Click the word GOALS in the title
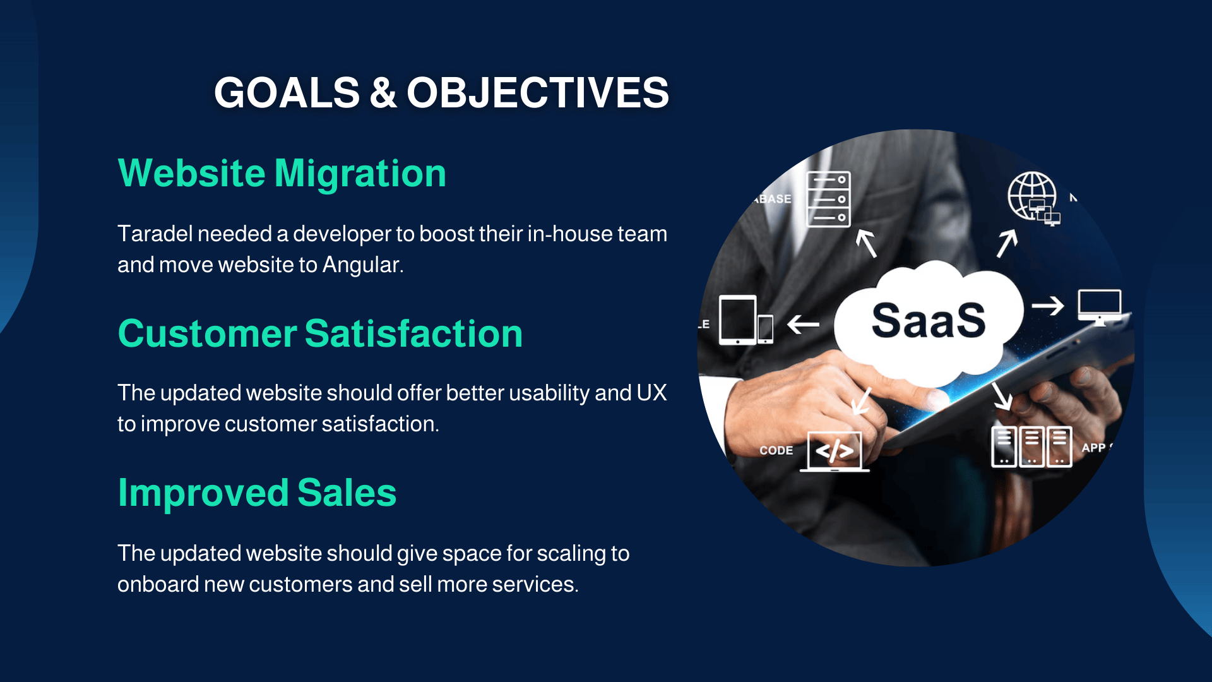point(287,93)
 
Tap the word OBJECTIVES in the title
point(538,93)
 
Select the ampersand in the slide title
point(383,93)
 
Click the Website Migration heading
point(282,173)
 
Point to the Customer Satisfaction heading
point(320,333)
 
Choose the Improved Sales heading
point(257,493)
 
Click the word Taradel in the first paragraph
point(155,234)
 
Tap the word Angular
point(363,265)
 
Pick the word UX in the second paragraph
point(651,393)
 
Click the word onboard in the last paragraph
point(158,584)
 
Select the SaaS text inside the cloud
point(928,320)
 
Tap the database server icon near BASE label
point(829,199)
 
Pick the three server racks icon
point(1031,446)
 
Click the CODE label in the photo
point(776,450)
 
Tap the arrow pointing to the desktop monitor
point(1048,306)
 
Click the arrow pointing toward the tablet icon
point(803,325)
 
